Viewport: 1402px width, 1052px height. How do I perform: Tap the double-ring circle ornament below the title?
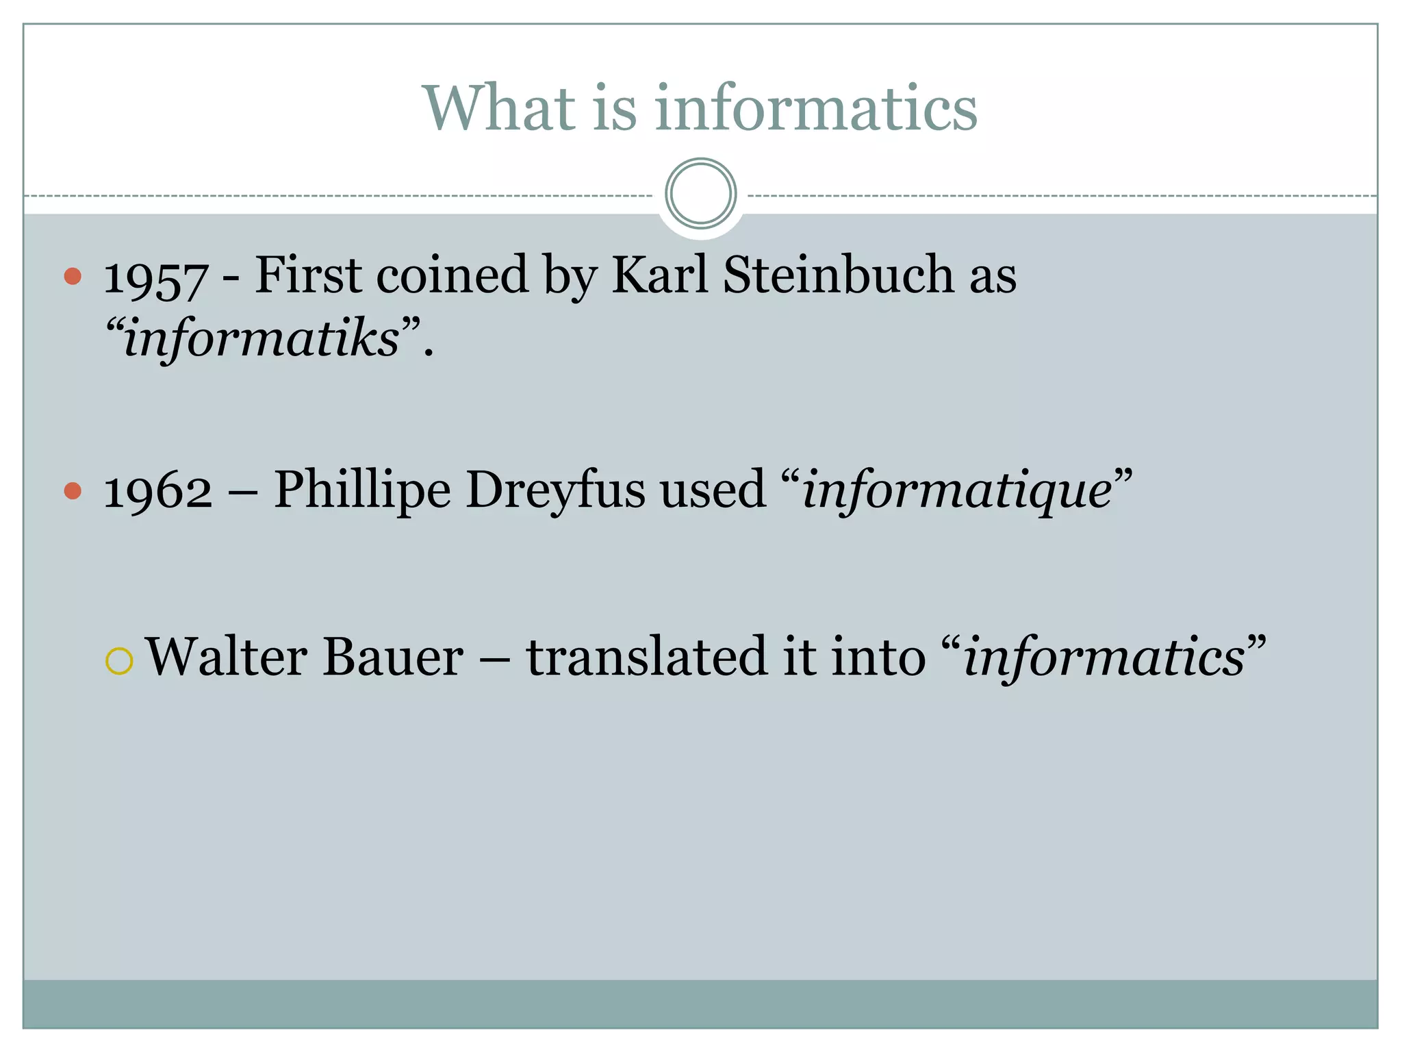coord(700,194)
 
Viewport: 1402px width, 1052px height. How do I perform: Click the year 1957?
coord(155,278)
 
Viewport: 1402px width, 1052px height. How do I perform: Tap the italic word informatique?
coord(956,490)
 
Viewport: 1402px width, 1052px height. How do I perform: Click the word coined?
coord(453,275)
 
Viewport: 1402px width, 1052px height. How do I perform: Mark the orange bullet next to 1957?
coord(73,276)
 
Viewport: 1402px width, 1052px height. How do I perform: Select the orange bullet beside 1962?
coord(73,490)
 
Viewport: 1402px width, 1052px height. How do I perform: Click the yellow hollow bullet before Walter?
coord(119,661)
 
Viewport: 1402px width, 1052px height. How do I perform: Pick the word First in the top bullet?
coord(308,275)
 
